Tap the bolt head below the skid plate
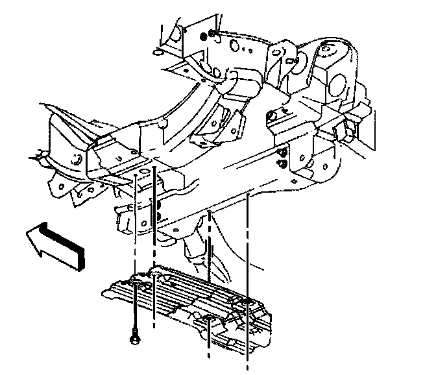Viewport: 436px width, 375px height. (134, 337)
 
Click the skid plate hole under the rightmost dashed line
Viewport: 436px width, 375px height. (247, 302)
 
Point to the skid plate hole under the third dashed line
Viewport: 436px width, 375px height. (209, 319)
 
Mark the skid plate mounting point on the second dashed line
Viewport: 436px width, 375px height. (154, 277)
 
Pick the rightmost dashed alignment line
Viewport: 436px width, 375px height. (248, 272)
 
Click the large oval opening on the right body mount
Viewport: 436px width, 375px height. (337, 84)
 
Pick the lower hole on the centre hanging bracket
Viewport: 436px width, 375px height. (157, 215)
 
